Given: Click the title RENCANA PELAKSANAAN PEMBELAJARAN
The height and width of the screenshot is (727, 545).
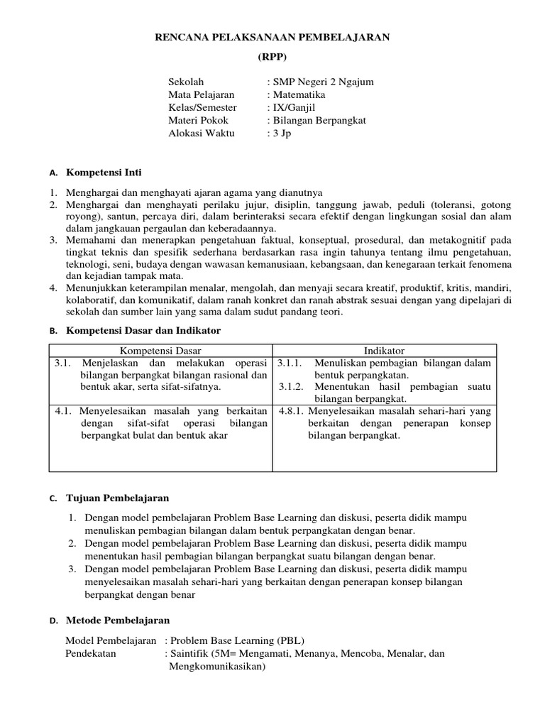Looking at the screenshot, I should click(x=272, y=37).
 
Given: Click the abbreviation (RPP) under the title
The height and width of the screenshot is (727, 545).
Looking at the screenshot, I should click(x=272, y=57).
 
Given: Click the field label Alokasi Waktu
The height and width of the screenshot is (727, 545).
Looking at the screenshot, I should click(x=199, y=133).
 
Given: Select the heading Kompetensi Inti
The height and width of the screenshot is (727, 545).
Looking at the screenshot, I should click(x=104, y=173).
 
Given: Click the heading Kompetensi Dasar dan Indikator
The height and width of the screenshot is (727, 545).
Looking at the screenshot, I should click(x=143, y=331).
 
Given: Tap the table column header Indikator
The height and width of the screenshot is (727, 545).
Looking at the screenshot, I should click(x=384, y=351).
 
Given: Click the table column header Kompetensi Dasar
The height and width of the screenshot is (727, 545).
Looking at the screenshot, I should click(x=160, y=351).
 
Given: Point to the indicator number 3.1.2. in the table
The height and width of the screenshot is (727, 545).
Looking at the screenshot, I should click(x=290, y=387).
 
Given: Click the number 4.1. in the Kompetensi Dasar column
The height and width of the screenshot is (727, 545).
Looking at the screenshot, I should click(x=65, y=411).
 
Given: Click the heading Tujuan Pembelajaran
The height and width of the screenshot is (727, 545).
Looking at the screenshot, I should click(x=118, y=498).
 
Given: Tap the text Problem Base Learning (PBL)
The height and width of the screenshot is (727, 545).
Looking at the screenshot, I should click(x=238, y=640).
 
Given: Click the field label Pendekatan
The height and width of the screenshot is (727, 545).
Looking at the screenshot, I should click(x=92, y=654).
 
